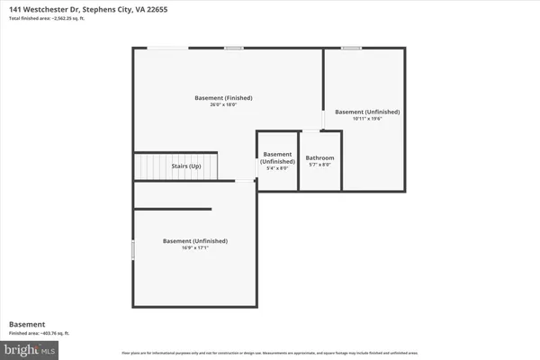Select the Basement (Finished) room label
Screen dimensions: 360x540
223,97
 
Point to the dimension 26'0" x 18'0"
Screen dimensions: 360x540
223,105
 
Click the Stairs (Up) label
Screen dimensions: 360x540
186,166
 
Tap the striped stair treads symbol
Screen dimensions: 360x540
148,166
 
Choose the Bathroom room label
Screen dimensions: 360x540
319,158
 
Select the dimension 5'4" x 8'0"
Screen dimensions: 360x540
277,168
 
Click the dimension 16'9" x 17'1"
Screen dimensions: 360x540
195,248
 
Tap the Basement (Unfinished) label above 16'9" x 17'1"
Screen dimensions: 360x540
195,240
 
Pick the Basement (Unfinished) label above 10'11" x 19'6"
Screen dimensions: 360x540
367,112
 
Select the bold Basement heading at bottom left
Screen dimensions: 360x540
26,324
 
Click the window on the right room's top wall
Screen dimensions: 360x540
351,48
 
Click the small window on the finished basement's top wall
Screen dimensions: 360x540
234,48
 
